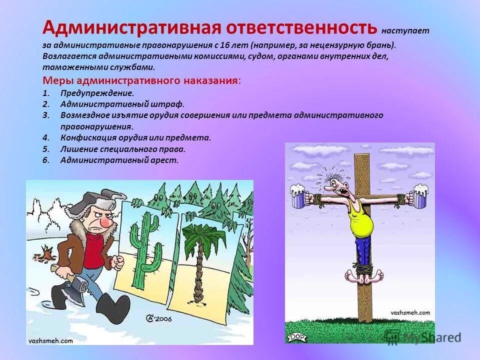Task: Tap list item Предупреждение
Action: tap(97, 93)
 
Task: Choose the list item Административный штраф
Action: tap(122, 104)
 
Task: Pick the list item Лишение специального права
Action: tap(123, 149)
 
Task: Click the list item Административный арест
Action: tap(119, 160)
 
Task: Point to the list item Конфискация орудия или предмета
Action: tap(135, 137)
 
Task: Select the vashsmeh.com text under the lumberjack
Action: tap(50, 340)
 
